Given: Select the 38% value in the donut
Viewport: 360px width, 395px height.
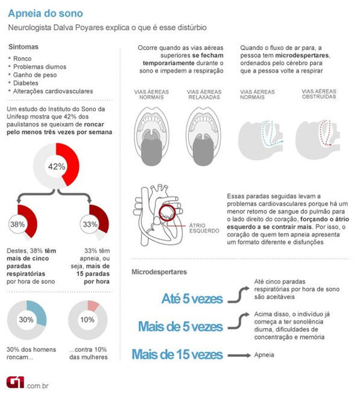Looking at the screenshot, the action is tap(17, 224).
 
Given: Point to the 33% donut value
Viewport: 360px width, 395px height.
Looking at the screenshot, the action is tap(89, 224).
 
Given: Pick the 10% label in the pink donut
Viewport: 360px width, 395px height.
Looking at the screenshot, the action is tap(87, 320).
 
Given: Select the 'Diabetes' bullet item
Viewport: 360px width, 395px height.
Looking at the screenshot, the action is tap(30, 82).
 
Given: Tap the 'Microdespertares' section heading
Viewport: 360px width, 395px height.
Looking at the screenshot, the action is tap(160, 272).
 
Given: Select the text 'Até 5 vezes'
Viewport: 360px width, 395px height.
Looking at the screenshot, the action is tap(192, 299).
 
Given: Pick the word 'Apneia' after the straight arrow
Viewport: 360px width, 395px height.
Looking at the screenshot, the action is tap(265, 355).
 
